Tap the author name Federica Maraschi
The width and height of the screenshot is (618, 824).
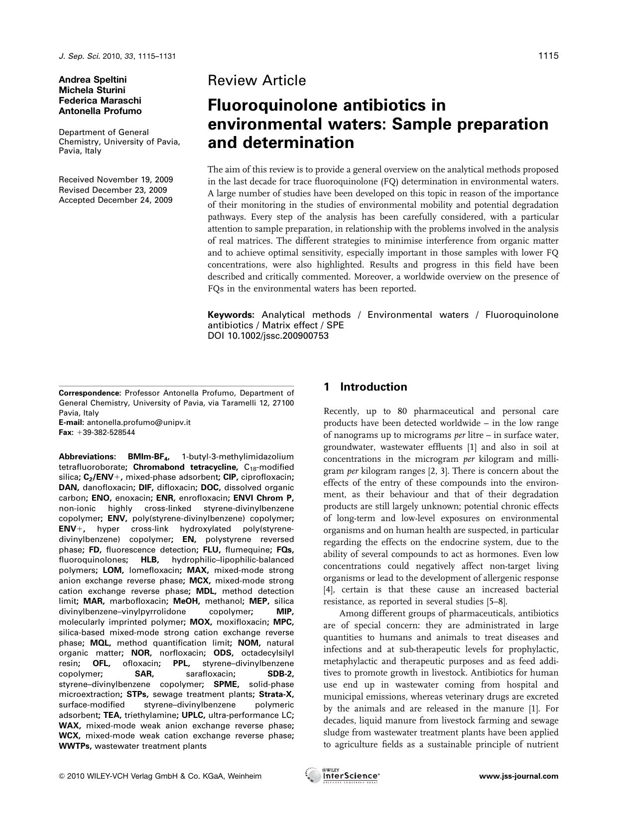[x=100, y=101]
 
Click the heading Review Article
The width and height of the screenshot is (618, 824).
[x=256, y=80]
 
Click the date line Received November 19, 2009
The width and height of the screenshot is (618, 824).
[x=116, y=179]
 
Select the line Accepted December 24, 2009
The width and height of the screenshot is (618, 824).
[x=116, y=200]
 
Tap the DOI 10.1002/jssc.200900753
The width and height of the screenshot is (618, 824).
[x=268, y=336]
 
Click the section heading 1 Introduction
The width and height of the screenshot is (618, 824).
[x=365, y=387]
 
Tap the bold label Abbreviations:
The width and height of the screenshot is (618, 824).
[x=87, y=456]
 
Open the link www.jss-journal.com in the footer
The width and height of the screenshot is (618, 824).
[x=518, y=776]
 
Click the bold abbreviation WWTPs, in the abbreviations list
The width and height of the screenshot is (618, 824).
[x=75, y=746]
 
